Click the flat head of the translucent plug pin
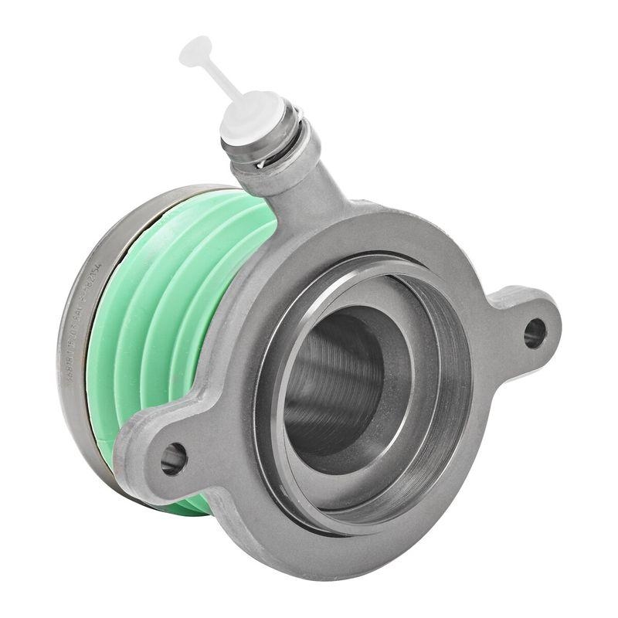click(195, 51)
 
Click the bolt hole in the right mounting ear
click(534, 333)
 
